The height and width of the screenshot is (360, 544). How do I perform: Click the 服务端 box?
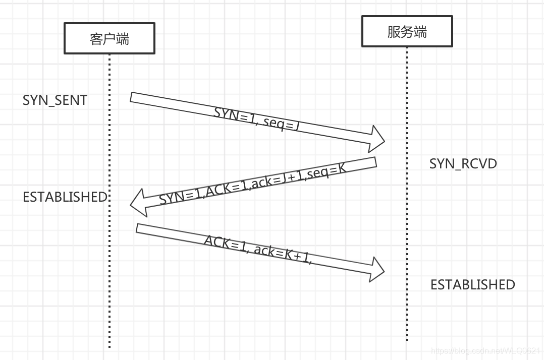407,32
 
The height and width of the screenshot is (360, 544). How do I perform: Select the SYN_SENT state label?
55,100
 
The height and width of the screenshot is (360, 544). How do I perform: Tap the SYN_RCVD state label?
463,164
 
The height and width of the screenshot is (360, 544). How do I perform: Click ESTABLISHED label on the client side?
65,197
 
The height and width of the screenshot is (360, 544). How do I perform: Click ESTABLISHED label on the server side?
472,285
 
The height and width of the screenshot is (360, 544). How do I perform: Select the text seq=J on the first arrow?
281,123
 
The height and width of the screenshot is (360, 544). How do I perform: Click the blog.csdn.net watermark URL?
486,350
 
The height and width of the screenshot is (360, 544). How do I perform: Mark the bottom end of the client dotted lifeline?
109,347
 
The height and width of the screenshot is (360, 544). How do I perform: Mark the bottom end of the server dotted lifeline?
407,339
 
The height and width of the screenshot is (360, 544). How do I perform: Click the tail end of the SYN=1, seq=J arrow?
132,97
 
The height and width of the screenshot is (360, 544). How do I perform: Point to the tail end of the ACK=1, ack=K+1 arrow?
137,228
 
